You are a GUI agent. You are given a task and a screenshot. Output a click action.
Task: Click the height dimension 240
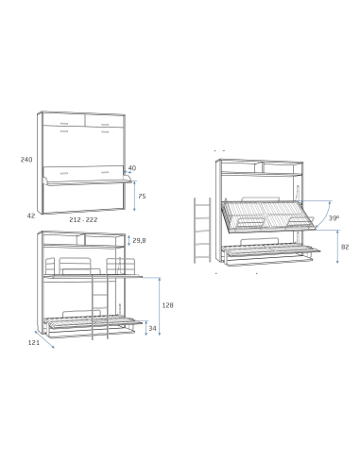tap(26, 160)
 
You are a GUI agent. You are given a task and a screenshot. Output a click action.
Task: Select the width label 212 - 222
tap(83, 220)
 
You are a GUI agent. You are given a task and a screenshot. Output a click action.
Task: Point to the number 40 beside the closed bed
tap(132, 169)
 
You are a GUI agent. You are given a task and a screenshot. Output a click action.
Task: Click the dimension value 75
tap(142, 196)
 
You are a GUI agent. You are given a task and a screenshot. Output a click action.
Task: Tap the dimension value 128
tap(168, 305)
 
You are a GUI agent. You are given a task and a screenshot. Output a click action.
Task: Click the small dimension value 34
tap(153, 329)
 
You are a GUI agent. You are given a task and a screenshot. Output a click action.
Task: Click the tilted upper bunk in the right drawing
tap(265, 216)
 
